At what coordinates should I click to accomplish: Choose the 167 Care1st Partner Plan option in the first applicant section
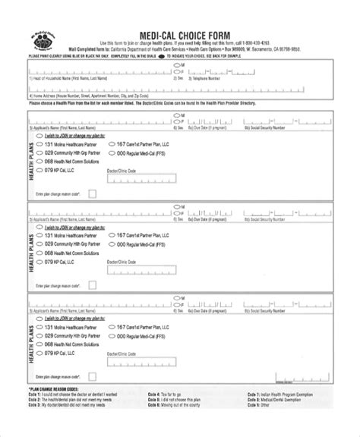point(112,143)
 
